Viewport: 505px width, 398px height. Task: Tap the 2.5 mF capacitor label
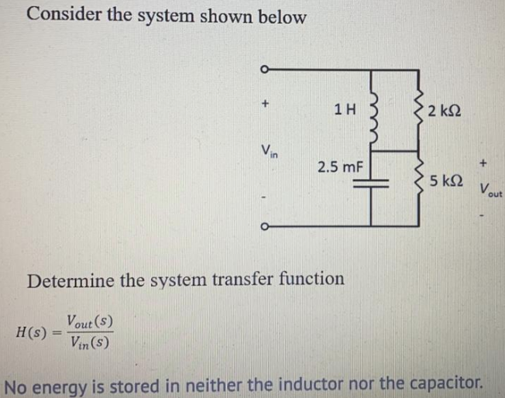335,166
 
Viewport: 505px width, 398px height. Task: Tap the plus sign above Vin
265,101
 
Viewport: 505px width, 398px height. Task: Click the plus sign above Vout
484,163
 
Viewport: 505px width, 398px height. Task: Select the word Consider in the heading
62,15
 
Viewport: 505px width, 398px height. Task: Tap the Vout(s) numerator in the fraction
91,319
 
